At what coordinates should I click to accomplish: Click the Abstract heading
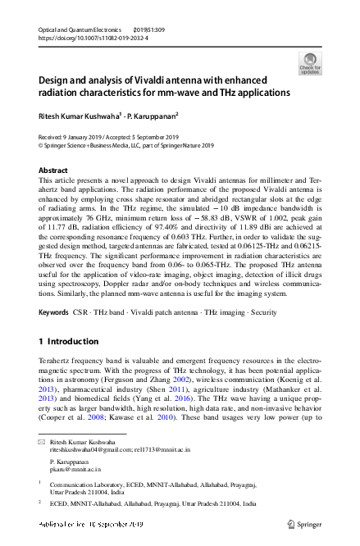coord(54,171)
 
